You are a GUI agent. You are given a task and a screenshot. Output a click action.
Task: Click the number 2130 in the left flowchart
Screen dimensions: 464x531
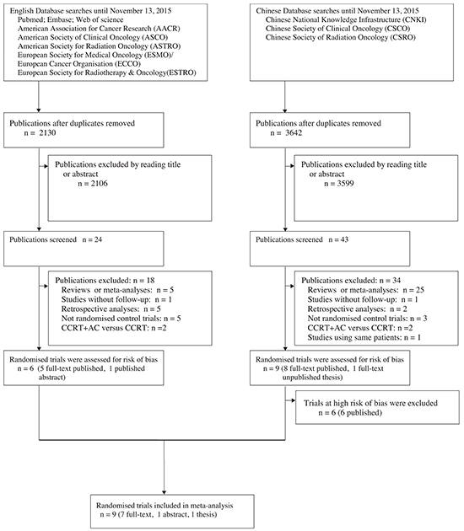(47, 133)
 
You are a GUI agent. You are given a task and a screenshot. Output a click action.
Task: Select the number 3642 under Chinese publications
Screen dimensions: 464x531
(294, 133)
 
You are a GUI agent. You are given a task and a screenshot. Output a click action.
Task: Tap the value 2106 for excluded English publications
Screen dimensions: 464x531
(100, 184)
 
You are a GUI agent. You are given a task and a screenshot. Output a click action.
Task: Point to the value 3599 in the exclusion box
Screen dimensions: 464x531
(345, 184)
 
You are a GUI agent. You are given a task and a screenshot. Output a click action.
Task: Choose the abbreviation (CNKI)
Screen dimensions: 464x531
(413, 19)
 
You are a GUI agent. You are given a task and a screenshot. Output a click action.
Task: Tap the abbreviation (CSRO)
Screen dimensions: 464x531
(402, 37)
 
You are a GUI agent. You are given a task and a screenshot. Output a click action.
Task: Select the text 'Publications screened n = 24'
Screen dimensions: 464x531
(56, 239)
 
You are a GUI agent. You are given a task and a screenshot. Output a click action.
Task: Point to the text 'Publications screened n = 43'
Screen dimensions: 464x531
(302, 239)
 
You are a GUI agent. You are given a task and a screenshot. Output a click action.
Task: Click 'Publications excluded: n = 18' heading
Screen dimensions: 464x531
(105, 281)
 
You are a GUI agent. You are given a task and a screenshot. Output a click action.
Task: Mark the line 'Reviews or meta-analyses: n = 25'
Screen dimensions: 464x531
(365, 290)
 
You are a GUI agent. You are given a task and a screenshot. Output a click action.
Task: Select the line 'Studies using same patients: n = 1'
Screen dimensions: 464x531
(364, 337)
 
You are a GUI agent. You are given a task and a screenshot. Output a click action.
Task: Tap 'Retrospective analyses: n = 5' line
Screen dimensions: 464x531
(111, 308)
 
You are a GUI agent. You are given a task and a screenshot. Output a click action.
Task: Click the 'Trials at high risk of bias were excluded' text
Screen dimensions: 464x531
(370, 403)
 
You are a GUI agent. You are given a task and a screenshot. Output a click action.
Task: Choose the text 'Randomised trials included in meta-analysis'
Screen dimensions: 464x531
(165, 506)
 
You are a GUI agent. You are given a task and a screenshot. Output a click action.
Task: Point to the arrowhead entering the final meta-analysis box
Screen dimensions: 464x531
(164, 492)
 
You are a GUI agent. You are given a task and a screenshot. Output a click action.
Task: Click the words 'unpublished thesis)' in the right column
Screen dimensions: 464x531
(312, 378)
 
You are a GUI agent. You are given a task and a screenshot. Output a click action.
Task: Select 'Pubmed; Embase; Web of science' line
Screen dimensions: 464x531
(71, 19)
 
